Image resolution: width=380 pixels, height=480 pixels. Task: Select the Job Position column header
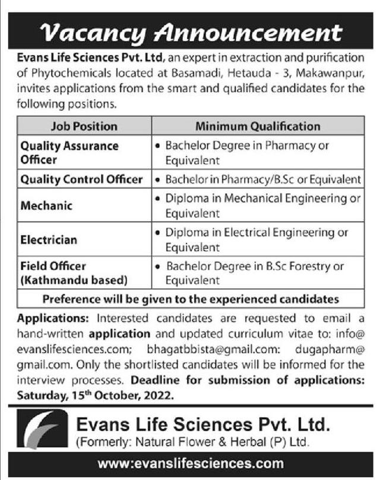coord(84,126)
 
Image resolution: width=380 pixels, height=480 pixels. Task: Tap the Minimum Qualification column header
coord(258,126)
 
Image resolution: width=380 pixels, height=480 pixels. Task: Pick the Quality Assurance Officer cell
coord(70,152)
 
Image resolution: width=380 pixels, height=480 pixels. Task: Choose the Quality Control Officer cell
coord(82,179)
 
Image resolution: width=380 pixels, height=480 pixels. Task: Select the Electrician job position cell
coord(49,240)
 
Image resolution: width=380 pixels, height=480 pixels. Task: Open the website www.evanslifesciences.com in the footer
coord(190,463)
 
